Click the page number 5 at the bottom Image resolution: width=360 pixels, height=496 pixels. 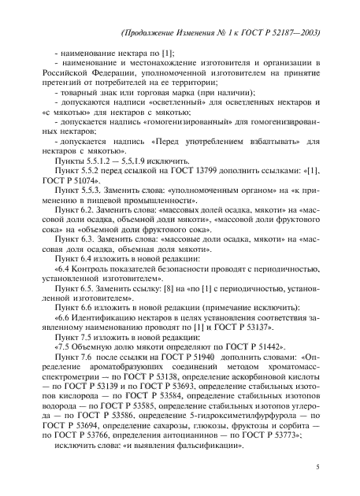[316, 467]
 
